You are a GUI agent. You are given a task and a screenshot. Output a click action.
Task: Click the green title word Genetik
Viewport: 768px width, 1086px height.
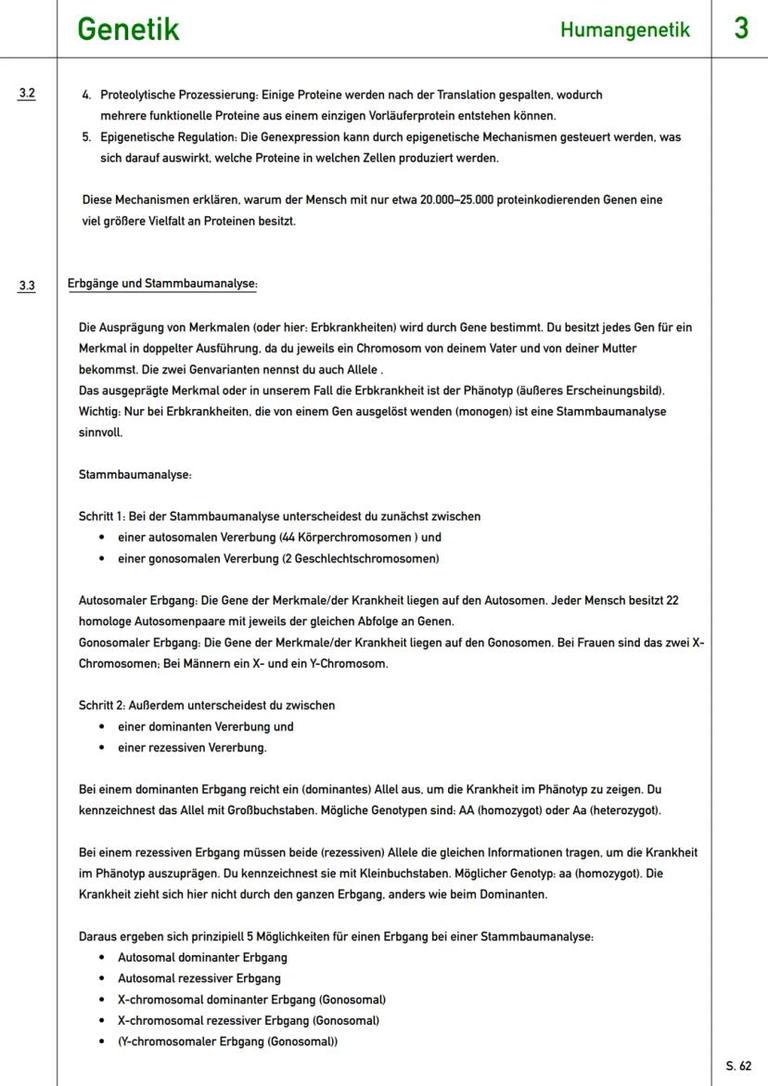[x=128, y=29]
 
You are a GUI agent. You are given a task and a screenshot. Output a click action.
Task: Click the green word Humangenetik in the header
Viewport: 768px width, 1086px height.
[x=625, y=31]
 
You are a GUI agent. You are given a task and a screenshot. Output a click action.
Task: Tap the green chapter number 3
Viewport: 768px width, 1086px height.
[x=741, y=28]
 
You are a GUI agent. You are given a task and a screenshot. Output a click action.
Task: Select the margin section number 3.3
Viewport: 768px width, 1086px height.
[x=27, y=286]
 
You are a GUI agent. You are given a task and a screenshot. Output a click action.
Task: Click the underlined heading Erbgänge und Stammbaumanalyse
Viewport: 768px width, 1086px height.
[x=162, y=284]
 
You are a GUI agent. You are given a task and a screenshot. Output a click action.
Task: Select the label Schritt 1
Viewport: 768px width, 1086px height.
[x=103, y=516]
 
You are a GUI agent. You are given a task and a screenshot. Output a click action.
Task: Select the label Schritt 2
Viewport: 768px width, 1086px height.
[x=103, y=705]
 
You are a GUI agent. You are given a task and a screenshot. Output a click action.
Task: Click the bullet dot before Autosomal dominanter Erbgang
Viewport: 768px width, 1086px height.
[x=100, y=957]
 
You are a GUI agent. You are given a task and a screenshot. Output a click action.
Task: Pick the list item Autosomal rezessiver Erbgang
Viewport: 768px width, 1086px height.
[x=198, y=977]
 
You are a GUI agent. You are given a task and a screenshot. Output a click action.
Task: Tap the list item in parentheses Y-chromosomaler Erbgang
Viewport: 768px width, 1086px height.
[x=227, y=1041]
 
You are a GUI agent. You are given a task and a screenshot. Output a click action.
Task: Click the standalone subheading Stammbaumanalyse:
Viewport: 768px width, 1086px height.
[x=135, y=474]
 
